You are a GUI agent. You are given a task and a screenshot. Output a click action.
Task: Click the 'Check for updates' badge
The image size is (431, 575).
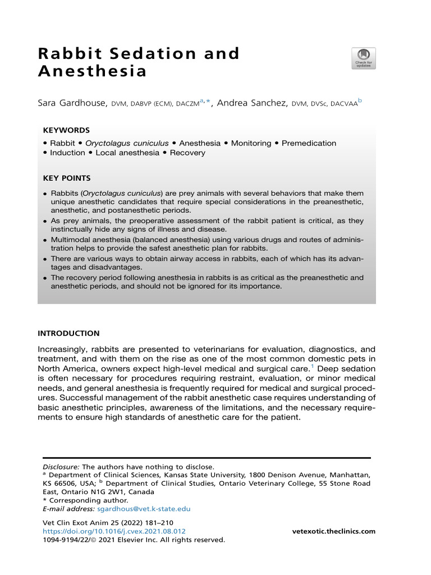364,58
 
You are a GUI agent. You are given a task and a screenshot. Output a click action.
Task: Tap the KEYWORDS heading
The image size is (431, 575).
66,130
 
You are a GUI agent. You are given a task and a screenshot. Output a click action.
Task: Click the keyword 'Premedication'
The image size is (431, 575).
309,143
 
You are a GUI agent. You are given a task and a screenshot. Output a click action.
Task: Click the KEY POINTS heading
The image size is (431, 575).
67,179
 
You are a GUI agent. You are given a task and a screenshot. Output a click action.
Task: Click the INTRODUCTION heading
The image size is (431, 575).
68,334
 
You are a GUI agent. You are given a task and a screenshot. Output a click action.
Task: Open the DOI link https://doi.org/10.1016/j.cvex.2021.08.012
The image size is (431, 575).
114,531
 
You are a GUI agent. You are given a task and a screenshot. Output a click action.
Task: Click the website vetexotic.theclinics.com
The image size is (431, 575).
334,531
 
